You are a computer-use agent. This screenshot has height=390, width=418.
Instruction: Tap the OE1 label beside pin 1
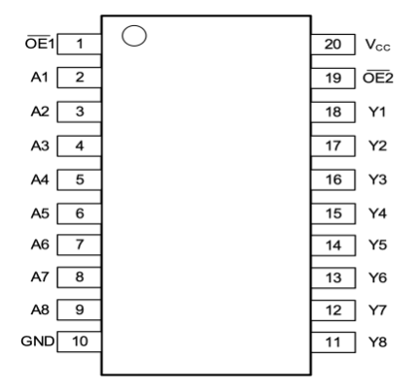tap(40, 43)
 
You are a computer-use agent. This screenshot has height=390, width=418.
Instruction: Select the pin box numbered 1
tap(80, 44)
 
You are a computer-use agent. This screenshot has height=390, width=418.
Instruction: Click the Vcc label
tap(377, 45)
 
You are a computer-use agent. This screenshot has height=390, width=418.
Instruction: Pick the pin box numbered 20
tap(333, 45)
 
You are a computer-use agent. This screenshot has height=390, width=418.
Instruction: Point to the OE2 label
tap(378, 77)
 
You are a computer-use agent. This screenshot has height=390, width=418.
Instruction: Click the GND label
tap(38, 341)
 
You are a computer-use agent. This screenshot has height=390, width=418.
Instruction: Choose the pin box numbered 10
tap(80, 341)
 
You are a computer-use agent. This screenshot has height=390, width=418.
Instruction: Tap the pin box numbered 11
tap(333, 342)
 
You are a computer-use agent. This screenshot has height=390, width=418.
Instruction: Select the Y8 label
tap(377, 341)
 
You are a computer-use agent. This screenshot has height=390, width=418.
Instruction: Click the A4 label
tap(40, 179)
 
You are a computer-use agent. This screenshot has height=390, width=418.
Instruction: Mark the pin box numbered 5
tap(80, 179)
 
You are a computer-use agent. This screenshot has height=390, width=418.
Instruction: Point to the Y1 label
tap(377, 112)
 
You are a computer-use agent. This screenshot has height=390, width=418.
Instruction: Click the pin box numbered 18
tap(333, 113)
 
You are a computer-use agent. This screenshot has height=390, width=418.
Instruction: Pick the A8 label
tap(40, 309)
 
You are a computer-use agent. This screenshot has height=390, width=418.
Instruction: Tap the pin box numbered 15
tap(333, 213)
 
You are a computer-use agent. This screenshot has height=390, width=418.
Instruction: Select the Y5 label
tap(377, 244)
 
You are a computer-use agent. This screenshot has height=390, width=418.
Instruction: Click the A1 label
tap(40, 77)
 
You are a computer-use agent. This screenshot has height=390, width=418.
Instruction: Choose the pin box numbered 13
tap(333, 277)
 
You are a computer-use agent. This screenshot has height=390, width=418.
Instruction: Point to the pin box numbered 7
tap(80, 244)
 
